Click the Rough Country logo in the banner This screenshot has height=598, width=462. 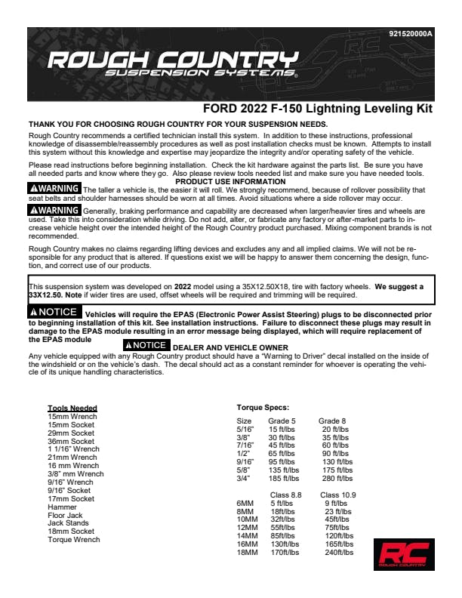click(x=172, y=66)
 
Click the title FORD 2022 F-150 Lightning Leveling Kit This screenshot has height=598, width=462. click(x=318, y=109)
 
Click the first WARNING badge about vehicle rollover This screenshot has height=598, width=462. click(x=53, y=188)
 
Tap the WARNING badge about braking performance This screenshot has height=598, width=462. click(x=53, y=210)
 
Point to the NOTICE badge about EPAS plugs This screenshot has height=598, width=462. click(x=54, y=312)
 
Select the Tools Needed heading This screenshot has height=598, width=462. click(x=72, y=408)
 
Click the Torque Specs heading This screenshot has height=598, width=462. click(x=263, y=408)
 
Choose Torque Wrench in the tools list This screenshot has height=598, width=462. click(x=73, y=540)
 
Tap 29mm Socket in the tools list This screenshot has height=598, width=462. click(x=71, y=433)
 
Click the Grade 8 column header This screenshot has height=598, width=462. click(x=333, y=421)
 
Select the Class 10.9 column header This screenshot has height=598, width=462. click(x=337, y=495)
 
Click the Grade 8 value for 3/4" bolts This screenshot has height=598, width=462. click(x=337, y=478)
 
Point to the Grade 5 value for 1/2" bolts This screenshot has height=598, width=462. click(x=282, y=453)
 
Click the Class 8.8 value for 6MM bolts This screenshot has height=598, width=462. click(x=282, y=503)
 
